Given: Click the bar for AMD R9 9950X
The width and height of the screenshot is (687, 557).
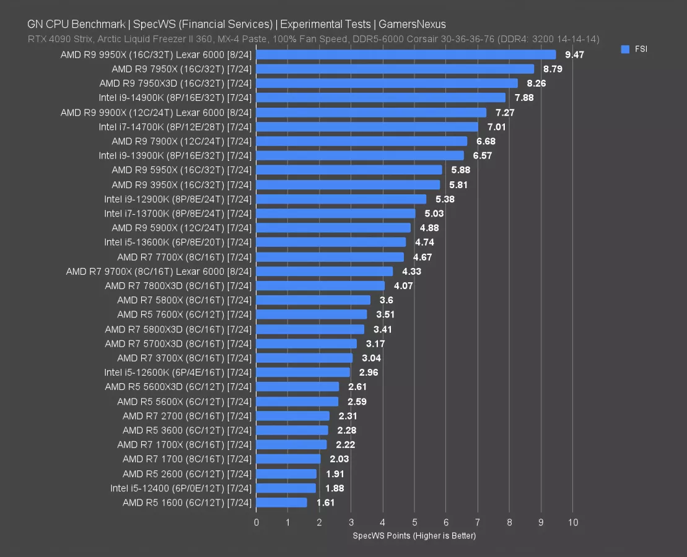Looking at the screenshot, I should pos(406,54).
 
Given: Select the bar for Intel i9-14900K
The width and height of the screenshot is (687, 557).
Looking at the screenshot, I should pos(380,98).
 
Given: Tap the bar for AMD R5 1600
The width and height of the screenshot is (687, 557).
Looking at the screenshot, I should pos(281,503).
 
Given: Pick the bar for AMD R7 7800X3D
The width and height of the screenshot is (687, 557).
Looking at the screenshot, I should pos(320,286).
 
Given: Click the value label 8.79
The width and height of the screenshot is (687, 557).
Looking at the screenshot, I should pos(553,69).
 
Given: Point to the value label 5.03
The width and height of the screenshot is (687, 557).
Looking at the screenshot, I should pos(434,214).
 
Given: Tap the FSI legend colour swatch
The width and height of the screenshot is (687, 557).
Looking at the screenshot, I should pos(625,49).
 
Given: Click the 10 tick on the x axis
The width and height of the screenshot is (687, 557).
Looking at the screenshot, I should pos(573,522).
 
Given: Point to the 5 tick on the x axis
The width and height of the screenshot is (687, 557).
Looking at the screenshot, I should pos(414,522).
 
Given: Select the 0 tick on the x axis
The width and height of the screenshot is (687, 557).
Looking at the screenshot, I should pos(256,522).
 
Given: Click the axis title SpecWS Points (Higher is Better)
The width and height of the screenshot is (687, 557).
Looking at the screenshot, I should pos(414,535).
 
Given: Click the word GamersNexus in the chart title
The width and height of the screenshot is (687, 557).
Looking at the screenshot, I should pos(416,25).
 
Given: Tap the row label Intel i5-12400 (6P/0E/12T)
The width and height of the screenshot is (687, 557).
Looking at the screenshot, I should pos(181,488).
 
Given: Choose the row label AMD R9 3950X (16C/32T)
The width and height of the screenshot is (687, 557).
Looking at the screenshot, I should pos(182,184).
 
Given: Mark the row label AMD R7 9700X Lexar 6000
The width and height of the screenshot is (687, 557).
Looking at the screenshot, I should pos(159,271).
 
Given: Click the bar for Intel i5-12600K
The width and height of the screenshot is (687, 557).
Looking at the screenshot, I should pos(303,373).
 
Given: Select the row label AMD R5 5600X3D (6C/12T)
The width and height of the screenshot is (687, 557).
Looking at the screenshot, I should pos(178,387).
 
